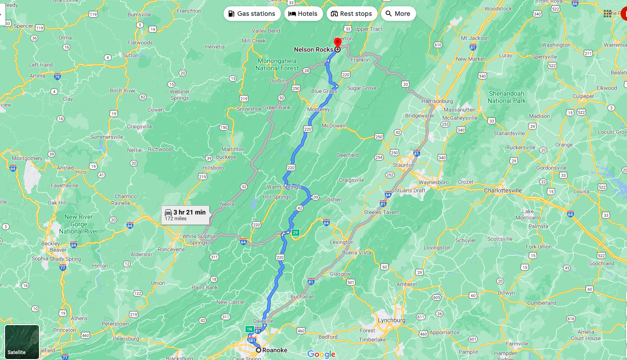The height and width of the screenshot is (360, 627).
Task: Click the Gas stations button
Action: click(x=252, y=14)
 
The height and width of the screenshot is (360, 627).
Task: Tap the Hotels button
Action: click(x=304, y=14)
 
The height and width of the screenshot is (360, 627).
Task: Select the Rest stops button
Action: click(x=352, y=14)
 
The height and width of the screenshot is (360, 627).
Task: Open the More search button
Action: click(x=398, y=14)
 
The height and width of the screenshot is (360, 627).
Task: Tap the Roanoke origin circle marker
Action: click(x=258, y=350)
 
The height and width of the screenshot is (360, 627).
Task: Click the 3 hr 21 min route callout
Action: click(x=185, y=215)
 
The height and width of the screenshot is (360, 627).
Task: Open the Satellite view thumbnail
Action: click(x=22, y=342)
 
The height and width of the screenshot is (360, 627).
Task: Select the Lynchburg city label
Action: click(x=391, y=320)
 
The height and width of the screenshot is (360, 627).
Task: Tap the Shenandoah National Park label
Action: click(x=507, y=97)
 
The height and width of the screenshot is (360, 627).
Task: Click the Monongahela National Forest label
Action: click(x=277, y=64)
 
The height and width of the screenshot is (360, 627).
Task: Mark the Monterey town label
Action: click(x=318, y=110)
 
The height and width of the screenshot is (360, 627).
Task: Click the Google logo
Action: click(x=321, y=354)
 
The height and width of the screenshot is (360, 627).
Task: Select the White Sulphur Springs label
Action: click(x=198, y=239)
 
